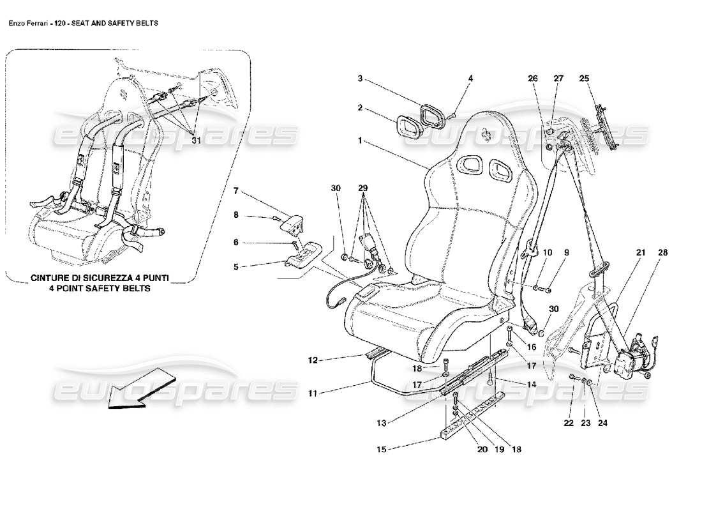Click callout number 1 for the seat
coord(361,139)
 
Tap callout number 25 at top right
coord(584,79)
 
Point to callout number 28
coord(662,254)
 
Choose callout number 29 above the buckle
coord(362,188)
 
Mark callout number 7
coord(235,190)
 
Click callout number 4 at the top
coord(470,79)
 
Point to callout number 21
coord(640,254)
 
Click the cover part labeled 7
coord(290,224)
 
